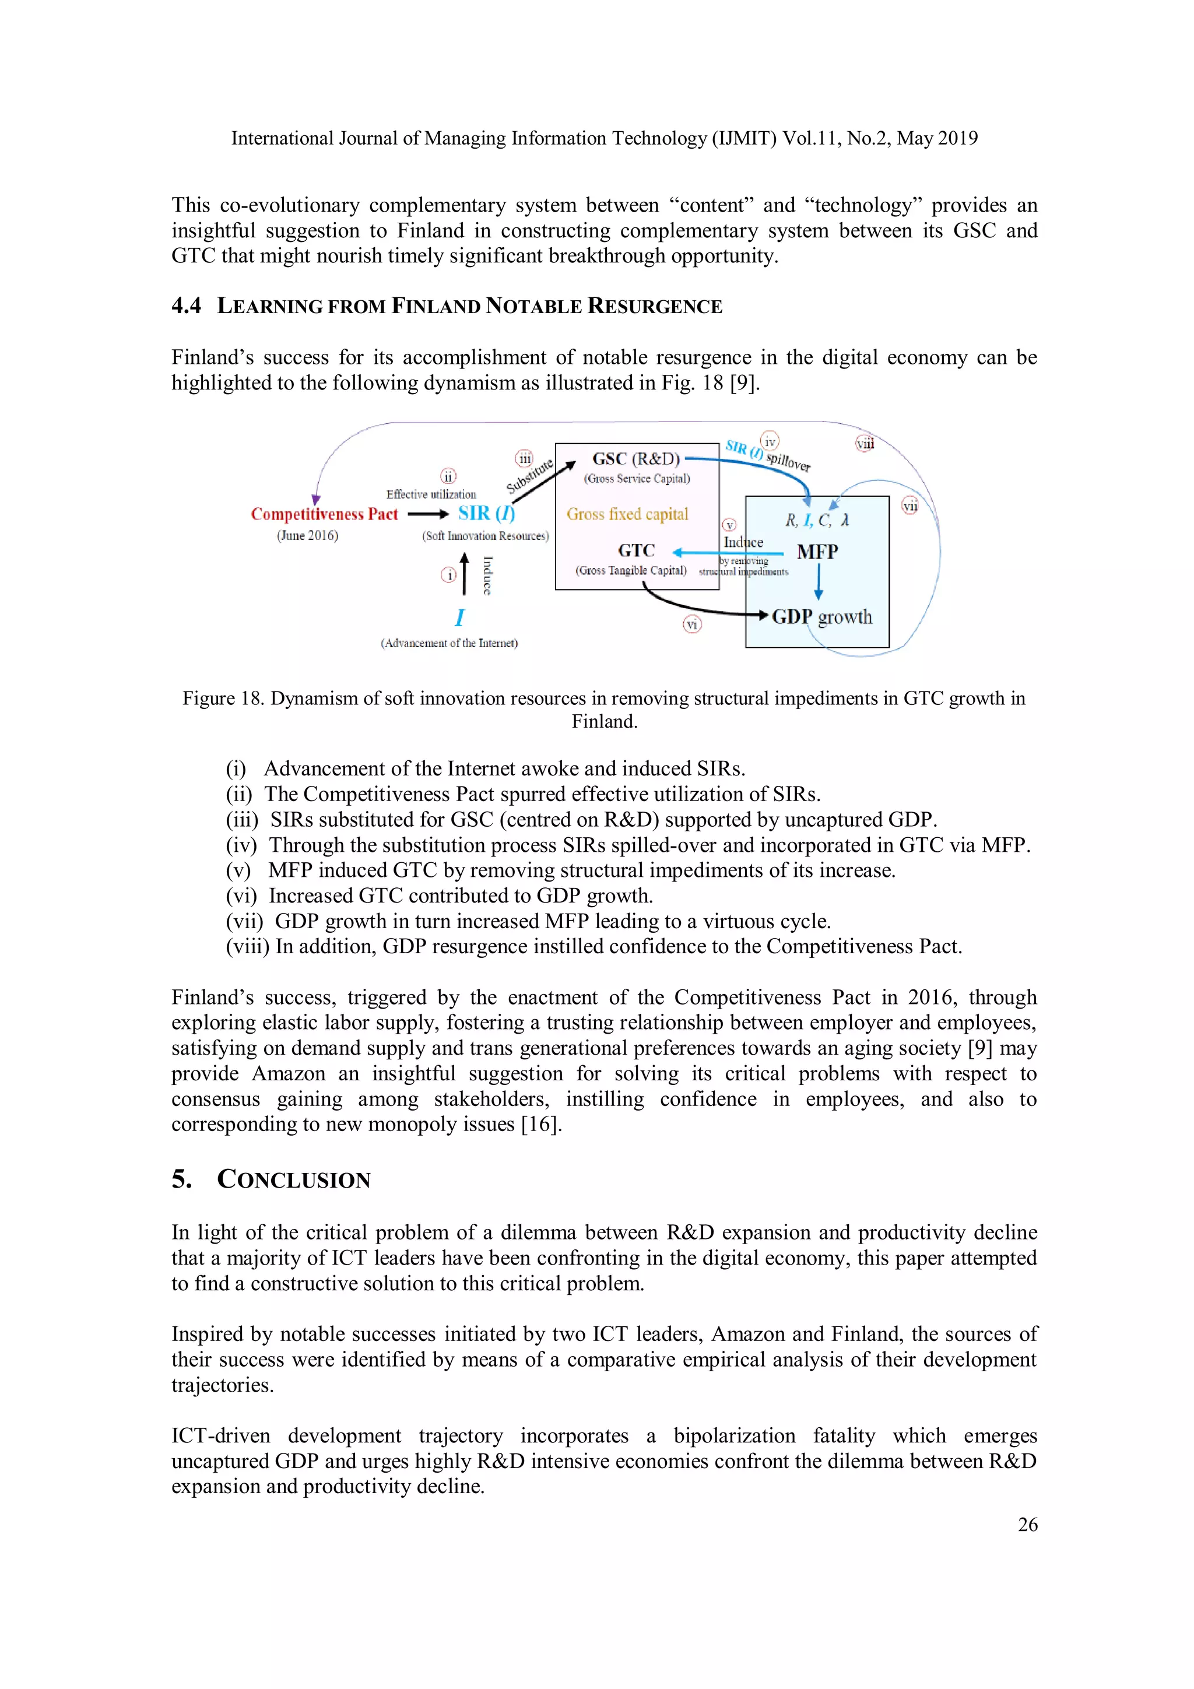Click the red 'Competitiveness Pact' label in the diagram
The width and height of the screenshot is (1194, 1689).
coord(324,514)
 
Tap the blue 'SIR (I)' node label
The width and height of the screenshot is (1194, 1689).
coord(486,514)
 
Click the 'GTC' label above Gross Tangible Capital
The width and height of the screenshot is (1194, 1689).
coord(637,550)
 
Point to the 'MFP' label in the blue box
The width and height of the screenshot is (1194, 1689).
coord(817,552)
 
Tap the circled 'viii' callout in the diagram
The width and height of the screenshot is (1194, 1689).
coord(865,444)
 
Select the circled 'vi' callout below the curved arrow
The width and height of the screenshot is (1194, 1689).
coord(691,624)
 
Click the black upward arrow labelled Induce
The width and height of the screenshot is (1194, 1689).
coord(464,574)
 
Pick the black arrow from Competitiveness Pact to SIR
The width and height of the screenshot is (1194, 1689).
coord(427,514)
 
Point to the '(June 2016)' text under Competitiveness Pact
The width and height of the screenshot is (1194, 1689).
coord(307,536)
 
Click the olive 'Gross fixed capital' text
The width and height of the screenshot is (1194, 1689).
coord(627,514)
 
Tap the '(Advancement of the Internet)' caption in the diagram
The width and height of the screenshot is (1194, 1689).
coord(449,643)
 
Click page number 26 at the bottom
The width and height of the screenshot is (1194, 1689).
coord(1027,1524)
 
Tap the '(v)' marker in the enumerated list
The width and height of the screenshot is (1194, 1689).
coord(238,870)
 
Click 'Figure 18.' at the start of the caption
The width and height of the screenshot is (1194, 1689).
coord(223,698)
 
